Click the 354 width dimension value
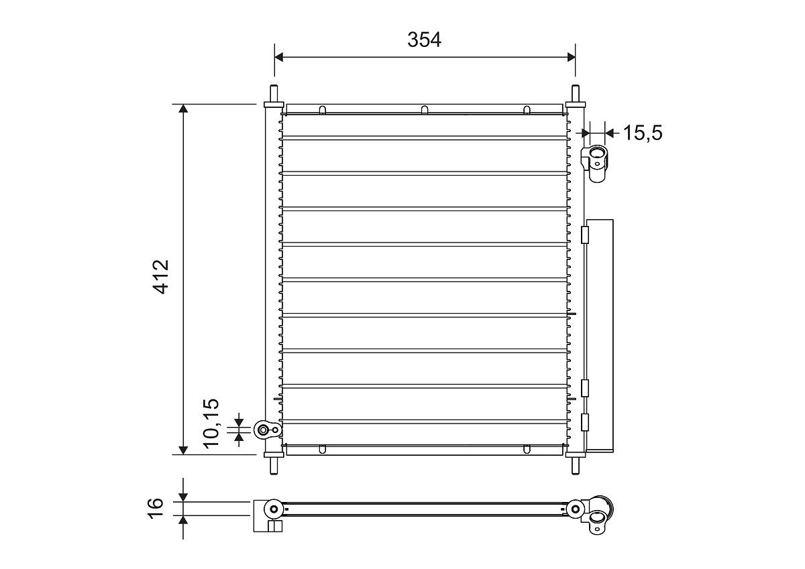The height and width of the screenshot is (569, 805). click(x=424, y=40)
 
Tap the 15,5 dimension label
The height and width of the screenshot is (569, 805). click(x=642, y=133)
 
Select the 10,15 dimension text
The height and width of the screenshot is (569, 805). click(x=211, y=422)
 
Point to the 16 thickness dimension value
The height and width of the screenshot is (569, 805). click(x=156, y=507)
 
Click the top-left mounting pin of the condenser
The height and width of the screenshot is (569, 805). click(x=274, y=94)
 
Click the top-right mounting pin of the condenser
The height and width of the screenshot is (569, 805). click(x=575, y=94)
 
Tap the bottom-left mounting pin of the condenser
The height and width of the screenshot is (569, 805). click(x=274, y=464)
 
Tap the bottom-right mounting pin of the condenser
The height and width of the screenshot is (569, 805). click(x=575, y=464)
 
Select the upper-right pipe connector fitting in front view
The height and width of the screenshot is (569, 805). click(x=595, y=160)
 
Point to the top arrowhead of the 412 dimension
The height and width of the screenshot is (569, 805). click(x=182, y=109)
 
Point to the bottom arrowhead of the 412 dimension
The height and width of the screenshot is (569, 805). click(x=182, y=449)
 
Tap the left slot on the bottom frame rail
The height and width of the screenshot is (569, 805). click(x=322, y=449)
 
